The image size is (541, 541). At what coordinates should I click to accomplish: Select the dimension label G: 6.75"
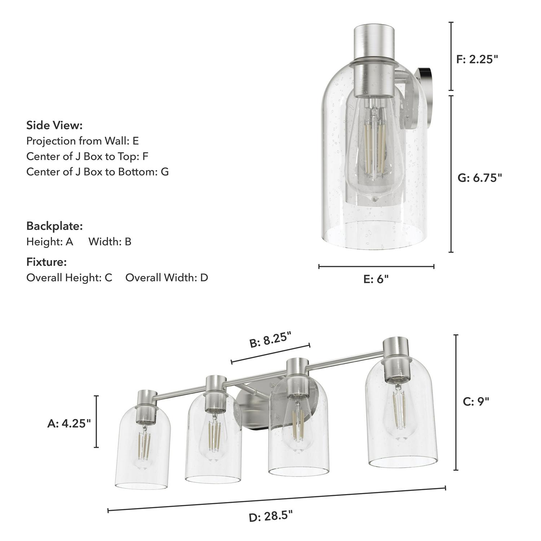click(480, 178)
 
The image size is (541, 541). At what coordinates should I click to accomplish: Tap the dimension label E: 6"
click(376, 279)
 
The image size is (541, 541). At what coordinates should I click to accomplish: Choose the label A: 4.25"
click(69, 424)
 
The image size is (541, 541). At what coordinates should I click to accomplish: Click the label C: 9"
click(476, 401)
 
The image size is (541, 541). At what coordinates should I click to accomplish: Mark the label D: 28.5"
click(270, 516)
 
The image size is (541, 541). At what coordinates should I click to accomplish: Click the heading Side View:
click(54, 126)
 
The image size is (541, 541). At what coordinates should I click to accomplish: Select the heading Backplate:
click(54, 226)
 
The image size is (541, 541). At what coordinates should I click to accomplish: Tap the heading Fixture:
click(47, 262)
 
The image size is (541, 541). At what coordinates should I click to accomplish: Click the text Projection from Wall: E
click(82, 141)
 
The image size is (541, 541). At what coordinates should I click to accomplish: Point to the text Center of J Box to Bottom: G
click(97, 171)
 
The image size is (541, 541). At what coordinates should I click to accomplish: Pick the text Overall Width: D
click(167, 277)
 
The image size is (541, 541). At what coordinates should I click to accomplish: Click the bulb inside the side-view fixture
click(373, 151)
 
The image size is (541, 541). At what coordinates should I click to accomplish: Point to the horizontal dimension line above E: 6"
click(376, 267)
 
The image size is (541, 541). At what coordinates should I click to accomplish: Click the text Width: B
click(110, 241)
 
